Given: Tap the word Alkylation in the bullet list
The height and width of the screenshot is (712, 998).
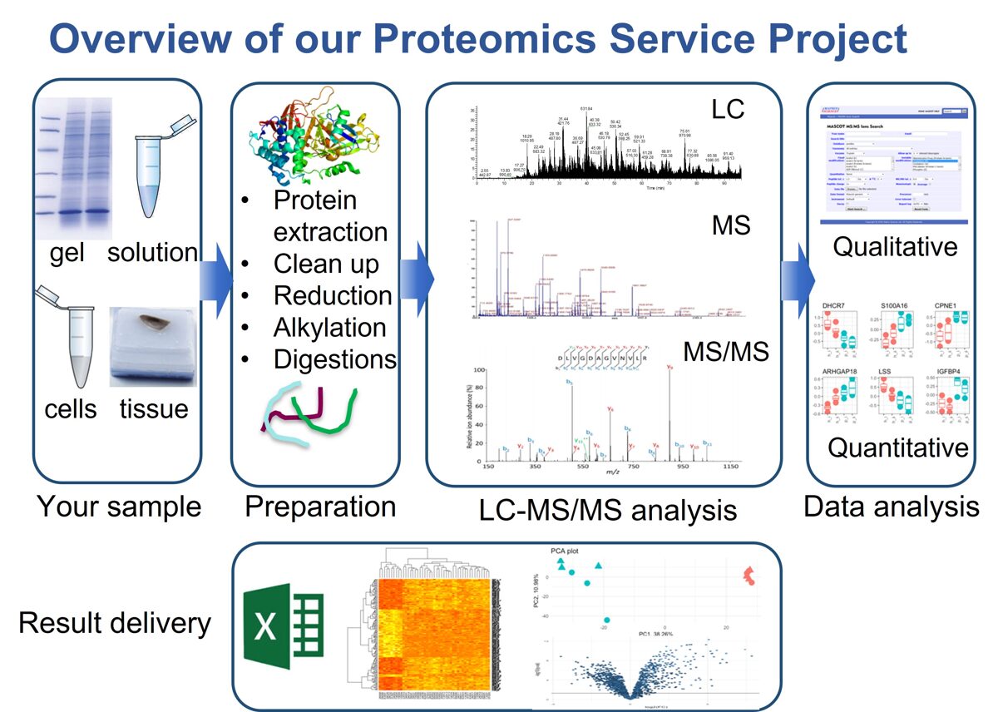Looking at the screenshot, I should click(329, 328).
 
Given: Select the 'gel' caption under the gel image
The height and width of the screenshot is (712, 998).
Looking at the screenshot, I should click(67, 252).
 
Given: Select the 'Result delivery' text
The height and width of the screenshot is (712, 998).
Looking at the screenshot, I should click(115, 623).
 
